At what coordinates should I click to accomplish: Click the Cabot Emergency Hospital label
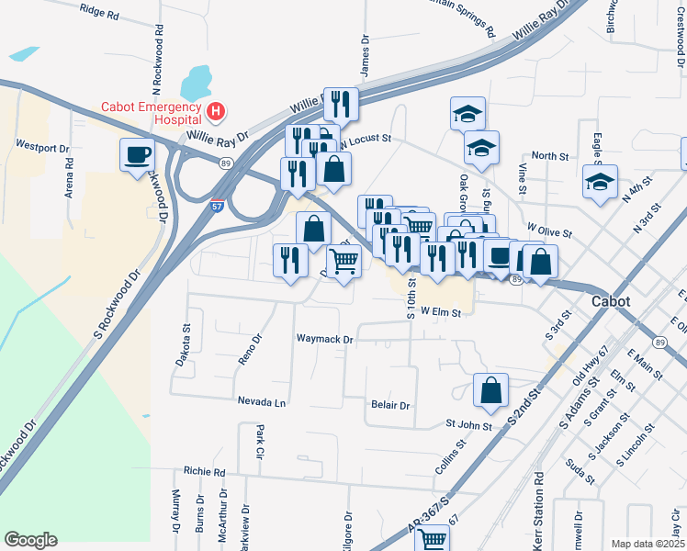(152, 113)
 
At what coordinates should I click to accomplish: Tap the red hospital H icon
(216, 112)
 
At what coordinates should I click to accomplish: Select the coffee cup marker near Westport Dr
(138, 153)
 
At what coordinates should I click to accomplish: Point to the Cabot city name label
(612, 301)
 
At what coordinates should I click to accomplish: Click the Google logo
(31, 540)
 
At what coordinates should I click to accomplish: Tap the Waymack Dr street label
(324, 339)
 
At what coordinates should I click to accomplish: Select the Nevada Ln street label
(262, 402)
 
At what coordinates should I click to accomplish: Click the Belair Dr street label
(389, 404)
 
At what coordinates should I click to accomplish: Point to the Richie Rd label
(204, 471)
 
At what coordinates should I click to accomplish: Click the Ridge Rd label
(100, 14)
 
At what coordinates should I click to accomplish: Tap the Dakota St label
(186, 343)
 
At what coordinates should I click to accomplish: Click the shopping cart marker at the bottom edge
(432, 538)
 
